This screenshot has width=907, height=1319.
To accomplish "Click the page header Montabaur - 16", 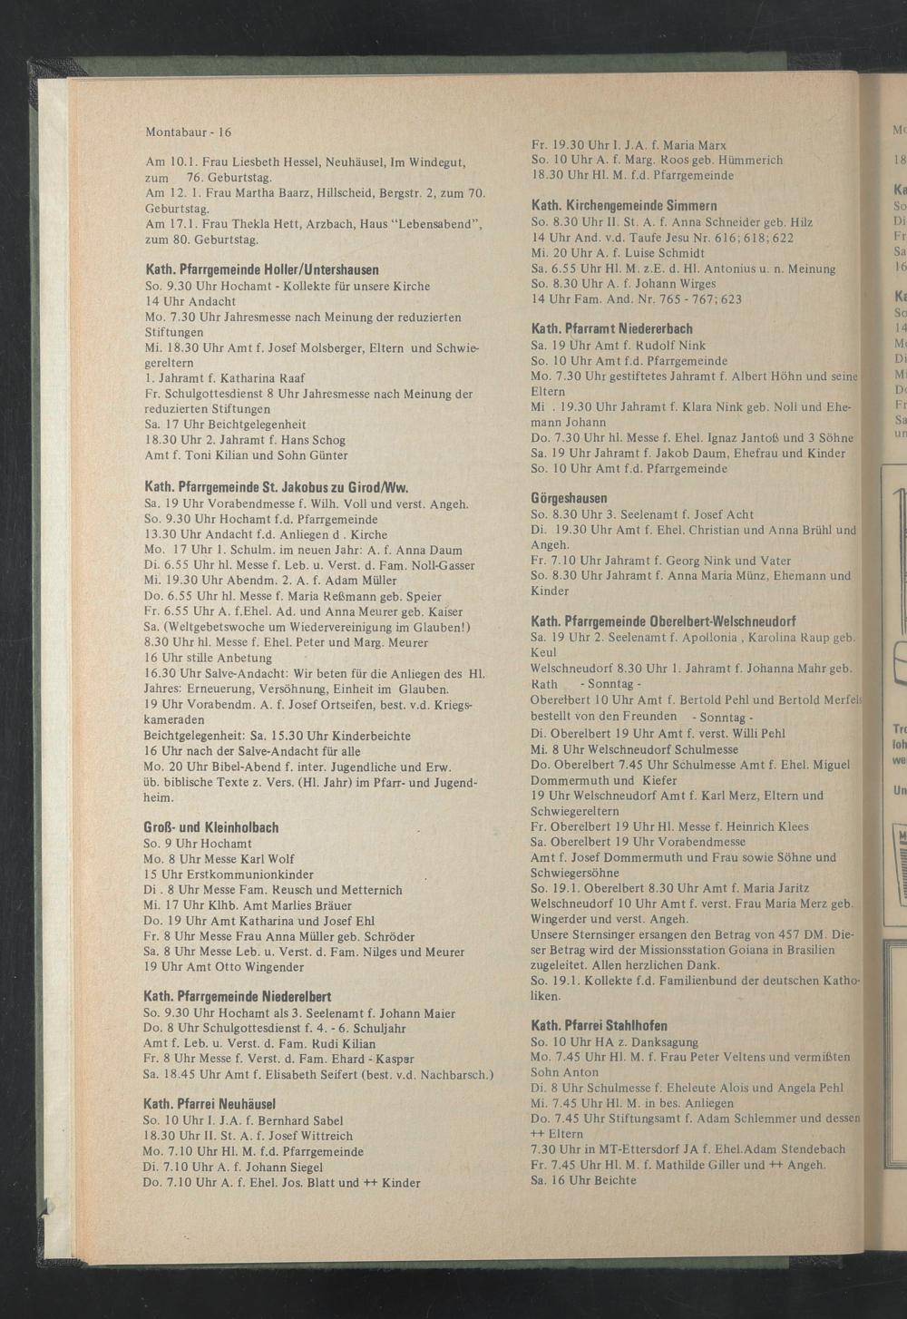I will tap(189, 131).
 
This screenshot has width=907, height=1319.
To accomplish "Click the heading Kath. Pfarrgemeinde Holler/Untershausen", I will tap(262, 270).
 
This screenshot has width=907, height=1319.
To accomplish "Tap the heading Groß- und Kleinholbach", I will tap(211, 827).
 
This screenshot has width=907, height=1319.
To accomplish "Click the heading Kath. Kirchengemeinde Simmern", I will tap(624, 206).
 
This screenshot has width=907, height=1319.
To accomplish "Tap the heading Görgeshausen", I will tap(569, 499).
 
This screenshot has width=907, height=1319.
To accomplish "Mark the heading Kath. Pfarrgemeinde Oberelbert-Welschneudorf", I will tap(664, 621).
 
